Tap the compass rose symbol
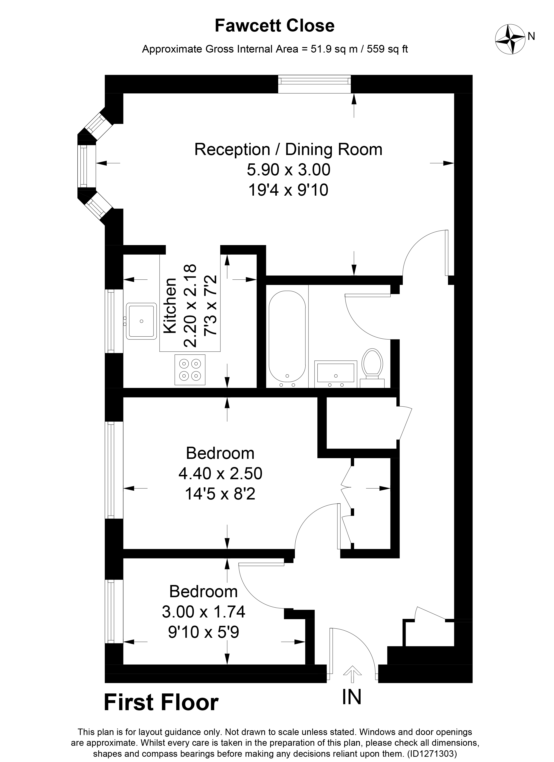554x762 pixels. coord(510,40)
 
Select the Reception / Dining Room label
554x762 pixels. coord(288,150)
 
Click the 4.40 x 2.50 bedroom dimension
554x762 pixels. coord(220,474)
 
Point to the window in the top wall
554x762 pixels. coord(314,84)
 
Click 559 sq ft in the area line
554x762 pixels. coord(387,49)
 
